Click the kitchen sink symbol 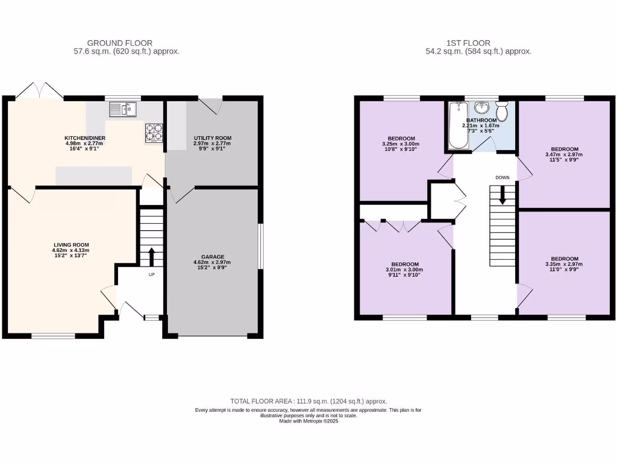click(x=123, y=109)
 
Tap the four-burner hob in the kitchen click(x=154, y=131)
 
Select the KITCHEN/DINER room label click(x=85, y=138)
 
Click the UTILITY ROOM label click(x=212, y=138)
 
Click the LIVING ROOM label click(x=71, y=245)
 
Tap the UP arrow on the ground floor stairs click(x=151, y=256)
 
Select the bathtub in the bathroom click(x=457, y=126)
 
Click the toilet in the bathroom click(x=502, y=111)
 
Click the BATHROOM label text click(x=481, y=120)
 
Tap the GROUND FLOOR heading click(x=119, y=43)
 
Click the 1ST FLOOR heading click(x=468, y=43)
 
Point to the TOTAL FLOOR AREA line click(x=308, y=401)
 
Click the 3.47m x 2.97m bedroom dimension click(x=565, y=154)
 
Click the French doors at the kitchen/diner click(x=40, y=92)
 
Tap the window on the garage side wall click(x=261, y=247)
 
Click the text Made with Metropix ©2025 click(x=308, y=421)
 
